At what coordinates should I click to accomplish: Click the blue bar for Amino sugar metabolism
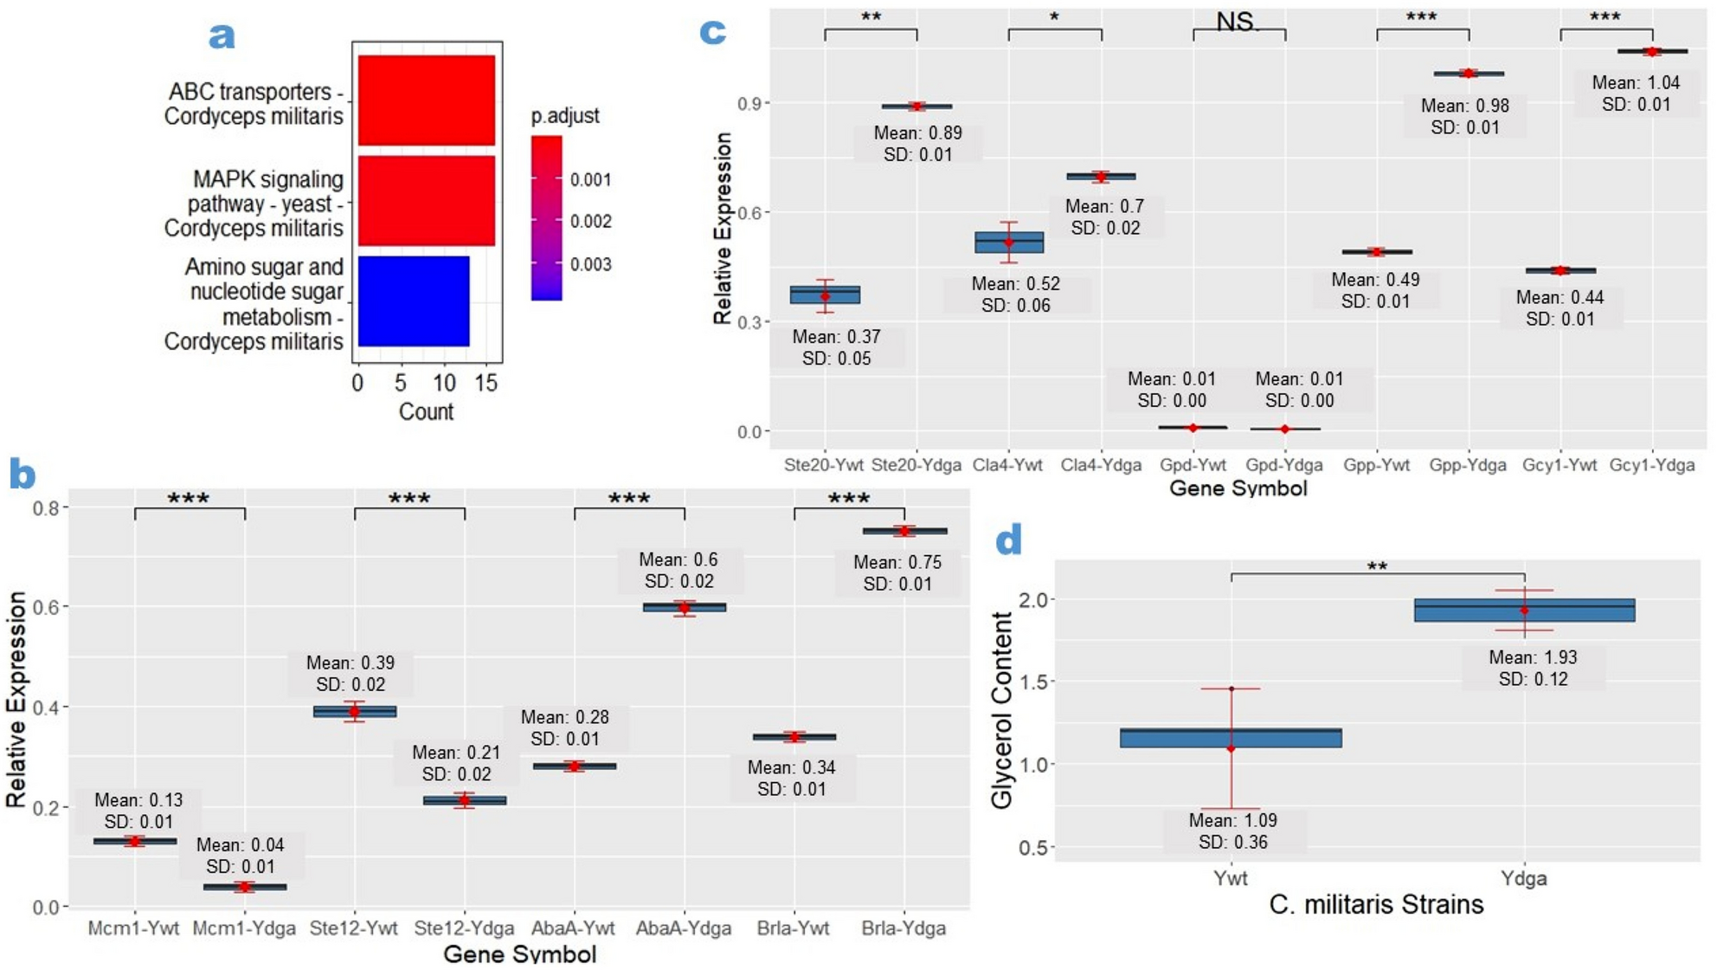pyautogui.click(x=414, y=301)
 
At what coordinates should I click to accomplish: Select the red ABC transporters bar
pyautogui.click(x=427, y=100)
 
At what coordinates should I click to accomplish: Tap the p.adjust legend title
pyautogui.click(x=564, y=116)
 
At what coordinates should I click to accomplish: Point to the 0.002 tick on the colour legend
pyautogui.click(x=590, y=222)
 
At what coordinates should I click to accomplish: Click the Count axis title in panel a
pyautogui.click(x=426, y=411)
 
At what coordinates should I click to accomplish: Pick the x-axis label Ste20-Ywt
pyautogui.click(x=823, y=465)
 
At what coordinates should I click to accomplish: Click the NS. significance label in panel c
pyautogui.click(x=1238, y=22)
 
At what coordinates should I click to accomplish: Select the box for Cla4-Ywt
pyautogui.click(x=1009, y=242)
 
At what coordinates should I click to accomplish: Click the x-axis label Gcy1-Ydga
pyautogui.click(x=1651, y=465)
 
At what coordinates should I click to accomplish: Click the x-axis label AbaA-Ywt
pyautogui.click(x=573, y=928)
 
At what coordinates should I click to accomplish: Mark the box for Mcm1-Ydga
pyautogui.click(x=245, y=887)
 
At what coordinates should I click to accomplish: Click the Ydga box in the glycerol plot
pyautogui.click(x=1524, y=611)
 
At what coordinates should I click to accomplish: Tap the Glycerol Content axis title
pyautogui.click(x=1001, y=710)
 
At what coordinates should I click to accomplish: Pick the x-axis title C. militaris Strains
pyautogui.click(x=1376, y=905)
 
